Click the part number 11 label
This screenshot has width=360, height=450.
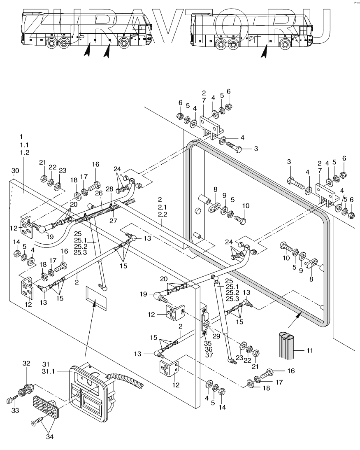[310, 350]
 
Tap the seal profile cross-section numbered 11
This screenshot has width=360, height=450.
[287, 345]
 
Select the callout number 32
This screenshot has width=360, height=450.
[26, 363]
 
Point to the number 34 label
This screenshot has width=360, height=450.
[50, 437]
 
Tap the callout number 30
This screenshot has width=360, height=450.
[15, 171]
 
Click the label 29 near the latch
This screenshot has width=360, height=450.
[216, 336]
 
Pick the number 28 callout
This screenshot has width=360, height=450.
[109, 189]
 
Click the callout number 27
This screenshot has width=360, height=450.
[114, 221]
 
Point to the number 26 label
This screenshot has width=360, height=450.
[99, 194]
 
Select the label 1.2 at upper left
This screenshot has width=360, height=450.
[25, 153]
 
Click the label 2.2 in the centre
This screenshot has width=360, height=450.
[163, 215]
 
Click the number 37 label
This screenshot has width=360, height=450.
[209, 355]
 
